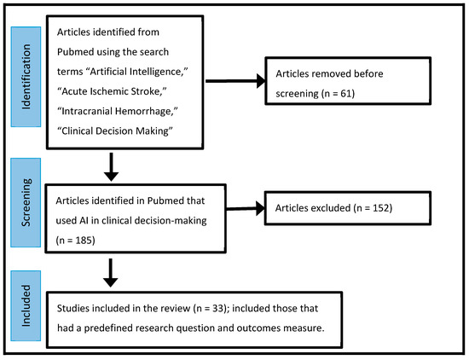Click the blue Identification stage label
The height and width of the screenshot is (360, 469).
[26, 77]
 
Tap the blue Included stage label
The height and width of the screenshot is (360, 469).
[26, 308]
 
